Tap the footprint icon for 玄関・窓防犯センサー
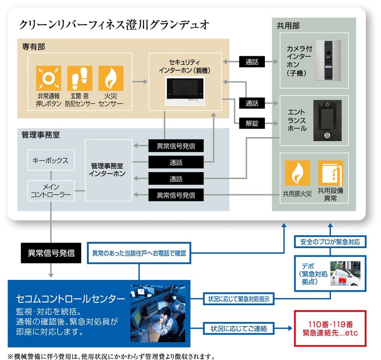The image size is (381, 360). [x=80, y=78]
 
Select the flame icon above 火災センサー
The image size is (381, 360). [x=111, y=78]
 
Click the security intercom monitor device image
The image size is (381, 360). [x=185, y=90]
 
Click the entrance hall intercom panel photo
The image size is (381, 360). [x=328, y=120]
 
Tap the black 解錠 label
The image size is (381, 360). [x=252, y=124]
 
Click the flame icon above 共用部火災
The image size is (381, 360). [x=297, y=173]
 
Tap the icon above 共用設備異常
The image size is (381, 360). [x=330, y=173]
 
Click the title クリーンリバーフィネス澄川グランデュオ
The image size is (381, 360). [x=114, y=26]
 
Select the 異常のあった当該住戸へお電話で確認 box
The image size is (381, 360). [x=139, y=253]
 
